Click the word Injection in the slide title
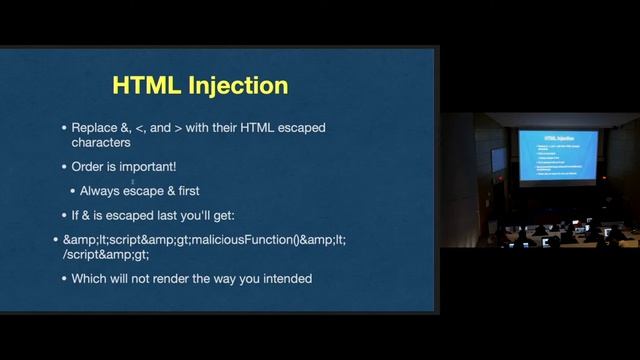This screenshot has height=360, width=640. coord(238,86)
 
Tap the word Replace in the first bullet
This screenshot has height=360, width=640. coord(96,128)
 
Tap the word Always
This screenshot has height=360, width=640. coord(102,190)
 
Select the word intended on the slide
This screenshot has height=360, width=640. coord(286,278)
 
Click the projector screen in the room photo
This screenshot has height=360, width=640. coord(557,153)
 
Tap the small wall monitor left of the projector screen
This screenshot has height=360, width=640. coord(497,159)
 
